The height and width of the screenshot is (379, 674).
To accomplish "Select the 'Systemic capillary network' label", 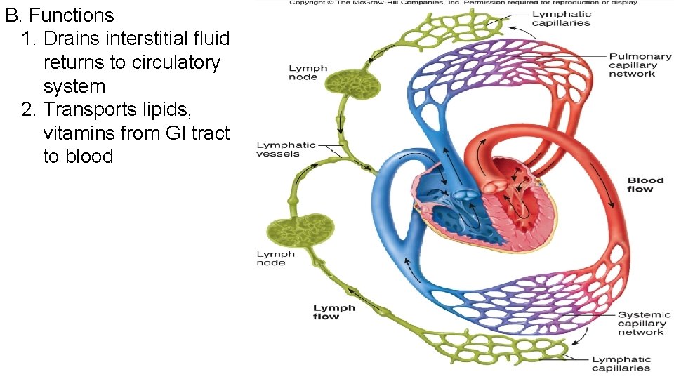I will coord(645,323).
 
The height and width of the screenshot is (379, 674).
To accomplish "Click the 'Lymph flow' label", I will coord(334,312).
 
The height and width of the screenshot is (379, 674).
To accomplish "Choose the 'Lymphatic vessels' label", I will coord(286,149).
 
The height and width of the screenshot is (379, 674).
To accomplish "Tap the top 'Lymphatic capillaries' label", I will coord(561,19).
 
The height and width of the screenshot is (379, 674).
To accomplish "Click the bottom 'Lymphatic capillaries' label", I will coord(621,364).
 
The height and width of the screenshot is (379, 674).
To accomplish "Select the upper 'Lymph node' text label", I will coord(308,73).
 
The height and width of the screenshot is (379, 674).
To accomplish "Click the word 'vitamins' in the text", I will coord(78,133).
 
